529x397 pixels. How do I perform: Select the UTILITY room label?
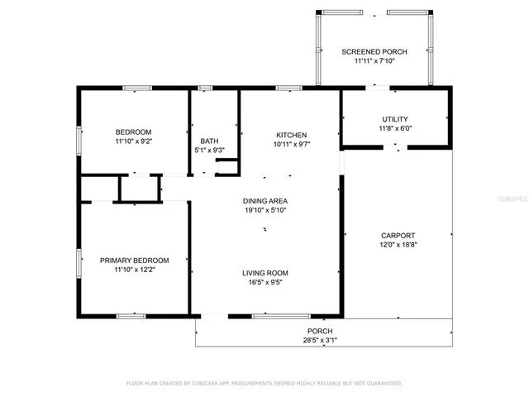click(x=394, y=119)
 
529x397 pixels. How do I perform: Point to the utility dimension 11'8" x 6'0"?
click(x=394, y=129)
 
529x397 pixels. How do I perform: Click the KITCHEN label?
click(x=291, y=135)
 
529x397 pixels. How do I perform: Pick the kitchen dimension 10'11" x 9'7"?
click(x=291, y=145)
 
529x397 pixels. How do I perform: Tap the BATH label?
click(x=209, y=141)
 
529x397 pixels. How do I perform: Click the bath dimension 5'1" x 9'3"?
click(x=209, y=151)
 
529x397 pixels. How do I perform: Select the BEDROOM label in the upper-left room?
click(x=133, y=132)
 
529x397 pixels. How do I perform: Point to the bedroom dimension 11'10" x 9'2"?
click(x=133, y=141)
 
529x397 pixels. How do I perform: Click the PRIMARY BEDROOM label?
click(x=134, y=260)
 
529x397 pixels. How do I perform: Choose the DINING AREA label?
click(x=265, y=201)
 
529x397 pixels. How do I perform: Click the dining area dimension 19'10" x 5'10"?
click(x=265, y=211)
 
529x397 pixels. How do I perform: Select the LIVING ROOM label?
click(x=265, y=273)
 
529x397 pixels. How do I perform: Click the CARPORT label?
click(x=398, y=235)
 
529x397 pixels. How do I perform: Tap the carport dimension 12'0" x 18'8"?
click(x=398, y=245)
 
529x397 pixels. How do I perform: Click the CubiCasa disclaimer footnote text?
click(x=264, y=384)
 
